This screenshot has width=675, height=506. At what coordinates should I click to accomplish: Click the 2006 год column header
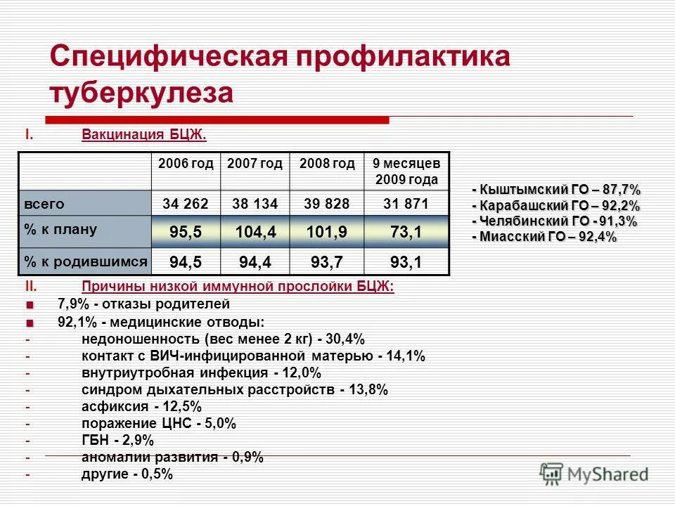[186, 164]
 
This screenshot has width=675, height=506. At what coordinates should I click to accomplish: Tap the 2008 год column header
[327, 164]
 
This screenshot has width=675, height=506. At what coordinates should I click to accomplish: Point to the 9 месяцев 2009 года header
[406, 171]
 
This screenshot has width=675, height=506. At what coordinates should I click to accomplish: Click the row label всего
[45, 205]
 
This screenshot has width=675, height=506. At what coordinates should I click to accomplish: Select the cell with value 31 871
[406, 205]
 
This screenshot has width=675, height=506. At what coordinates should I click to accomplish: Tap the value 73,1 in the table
[406, 232]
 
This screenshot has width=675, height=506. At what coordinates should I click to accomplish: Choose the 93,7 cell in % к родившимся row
[327, 262]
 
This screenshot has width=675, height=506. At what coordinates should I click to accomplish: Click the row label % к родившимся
[85, 261]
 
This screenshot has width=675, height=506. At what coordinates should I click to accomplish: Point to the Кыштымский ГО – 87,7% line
[556, 190]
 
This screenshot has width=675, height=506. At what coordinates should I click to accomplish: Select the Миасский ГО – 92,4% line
[544, 238]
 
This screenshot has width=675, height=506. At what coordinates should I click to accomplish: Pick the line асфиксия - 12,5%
[141, 406]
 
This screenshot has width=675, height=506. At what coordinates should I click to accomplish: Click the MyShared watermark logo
[594, 473]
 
